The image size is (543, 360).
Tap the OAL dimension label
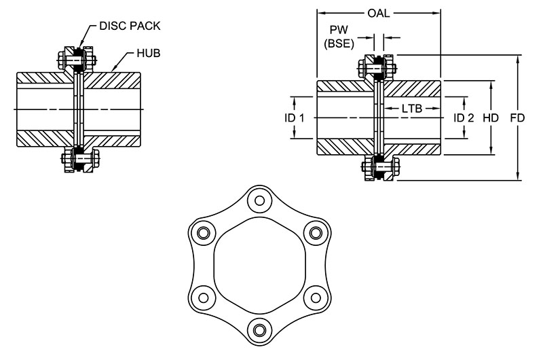[x=379, y=12]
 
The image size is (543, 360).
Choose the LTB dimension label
[x=412, y=109]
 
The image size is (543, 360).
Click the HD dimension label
[x=491, y=118]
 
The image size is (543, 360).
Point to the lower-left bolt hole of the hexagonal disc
[x=202, y=296]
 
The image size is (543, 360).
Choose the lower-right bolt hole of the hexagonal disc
[x=315, y=296]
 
